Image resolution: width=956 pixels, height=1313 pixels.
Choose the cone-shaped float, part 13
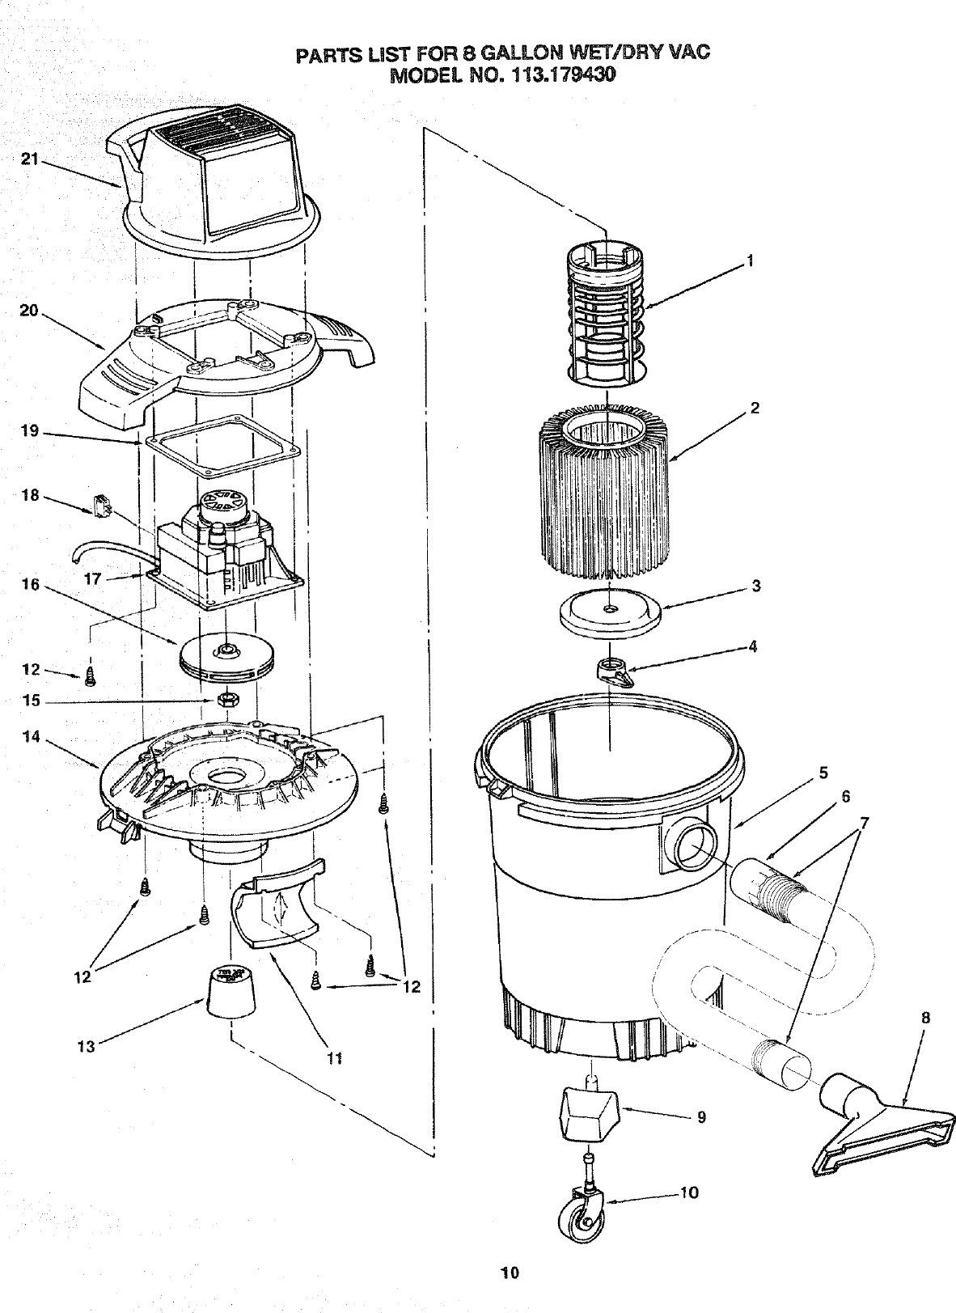(229, 991)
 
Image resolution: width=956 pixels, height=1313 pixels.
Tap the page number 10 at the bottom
(509, 1273)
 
